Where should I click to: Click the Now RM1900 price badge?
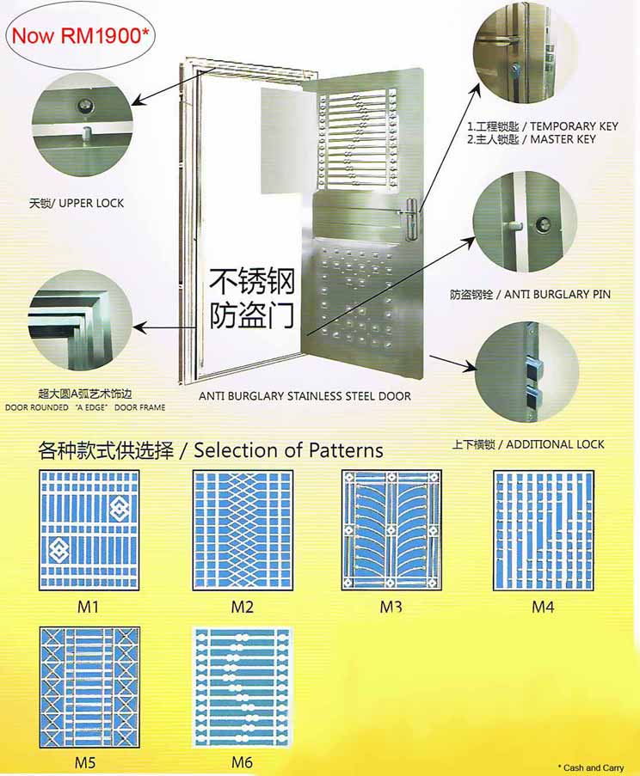[x=79, y=35]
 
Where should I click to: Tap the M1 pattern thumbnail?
[x=89, y=530]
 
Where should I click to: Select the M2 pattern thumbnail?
[x=243, y=530]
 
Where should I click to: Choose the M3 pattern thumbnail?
[x=391, y=530]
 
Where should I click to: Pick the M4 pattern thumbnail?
[x=544, y=530]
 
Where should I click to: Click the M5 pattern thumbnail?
[x=89, y=687]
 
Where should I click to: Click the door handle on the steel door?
[x=410, y=217]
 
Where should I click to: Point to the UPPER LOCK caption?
[x=77, y=203]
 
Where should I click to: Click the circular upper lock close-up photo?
[x=83, y=125]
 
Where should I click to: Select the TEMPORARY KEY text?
[x=574, y=126]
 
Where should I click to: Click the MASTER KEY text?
[x=563, y=139]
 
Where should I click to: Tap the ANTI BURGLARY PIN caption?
[x=557, y=295]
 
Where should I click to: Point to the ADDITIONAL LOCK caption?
[x=556, y=444]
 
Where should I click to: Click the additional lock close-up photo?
[x=526, y=371]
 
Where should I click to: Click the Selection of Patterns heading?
[x=288, y=450]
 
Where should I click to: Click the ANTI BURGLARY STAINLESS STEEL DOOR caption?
[x=305, y=396]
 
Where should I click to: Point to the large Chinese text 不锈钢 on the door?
[x=252, y=281]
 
